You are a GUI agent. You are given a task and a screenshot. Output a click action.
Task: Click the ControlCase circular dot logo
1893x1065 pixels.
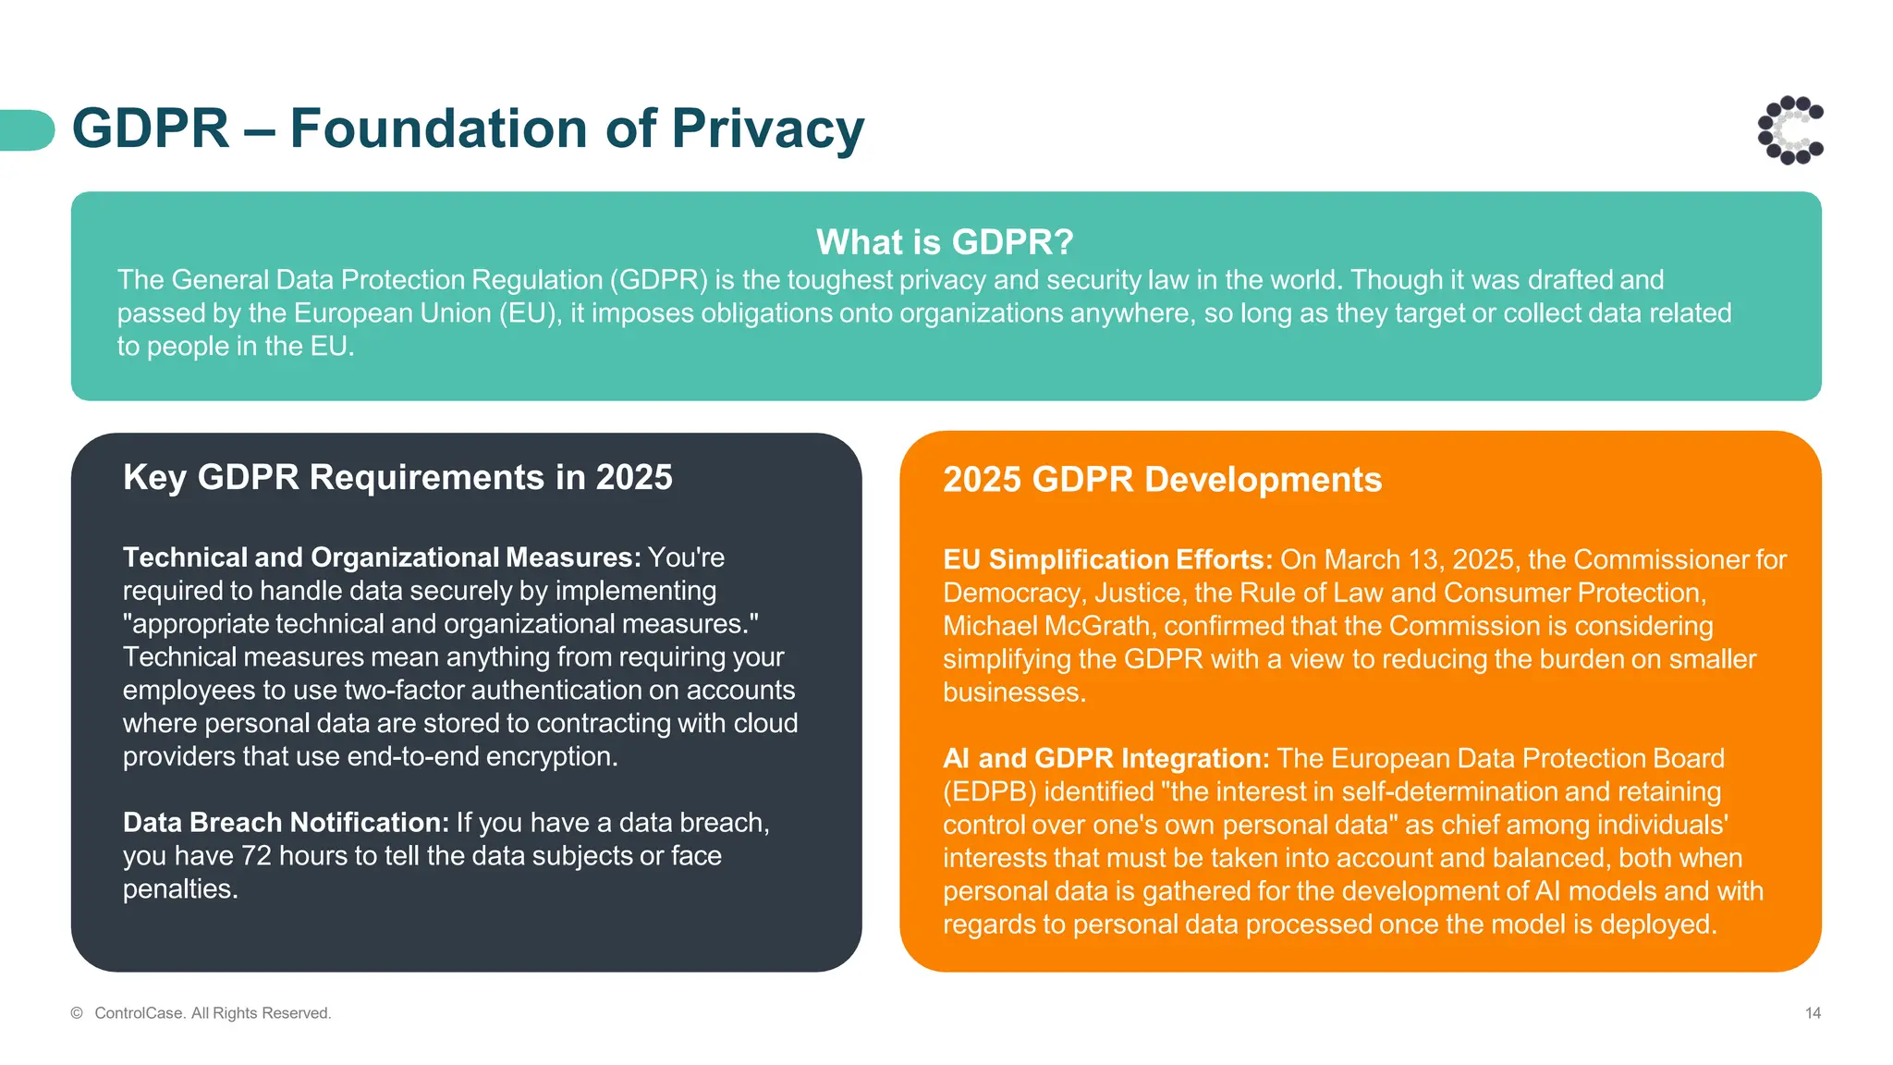click(1790, 130)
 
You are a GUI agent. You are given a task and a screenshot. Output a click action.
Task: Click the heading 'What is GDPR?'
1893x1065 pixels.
click(945, 242)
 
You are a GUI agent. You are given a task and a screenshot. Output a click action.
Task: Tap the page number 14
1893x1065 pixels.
click(1813, 1013)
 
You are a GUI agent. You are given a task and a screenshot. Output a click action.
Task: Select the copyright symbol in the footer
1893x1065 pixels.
click(77, 1013)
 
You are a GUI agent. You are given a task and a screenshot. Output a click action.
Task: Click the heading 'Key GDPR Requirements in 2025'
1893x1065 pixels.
click(397, 478)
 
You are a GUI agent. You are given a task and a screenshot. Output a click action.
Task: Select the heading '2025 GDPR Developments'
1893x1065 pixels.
click(1162, 480)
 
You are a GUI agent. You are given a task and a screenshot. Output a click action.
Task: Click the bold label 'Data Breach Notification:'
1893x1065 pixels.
click(286, 823)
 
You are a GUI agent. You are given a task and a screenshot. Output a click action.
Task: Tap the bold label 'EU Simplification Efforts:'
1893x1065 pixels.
click(1107, 560)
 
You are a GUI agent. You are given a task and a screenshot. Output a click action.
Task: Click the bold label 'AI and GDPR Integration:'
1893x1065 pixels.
click(1105, 759)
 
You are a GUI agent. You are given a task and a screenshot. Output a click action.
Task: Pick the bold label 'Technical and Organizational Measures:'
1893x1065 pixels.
click(381, 557)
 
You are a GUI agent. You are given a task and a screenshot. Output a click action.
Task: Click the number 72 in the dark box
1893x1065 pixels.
click(256, 856)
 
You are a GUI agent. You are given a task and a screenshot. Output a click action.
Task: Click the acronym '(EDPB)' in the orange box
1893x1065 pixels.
click(989, 792)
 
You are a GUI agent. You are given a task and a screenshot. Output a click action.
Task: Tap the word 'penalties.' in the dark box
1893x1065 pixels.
click(180, 889)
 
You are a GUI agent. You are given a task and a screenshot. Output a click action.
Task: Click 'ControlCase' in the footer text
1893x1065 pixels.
click(139, 1013)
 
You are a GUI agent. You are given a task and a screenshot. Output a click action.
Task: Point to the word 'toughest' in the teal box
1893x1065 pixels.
click(839, 280)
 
